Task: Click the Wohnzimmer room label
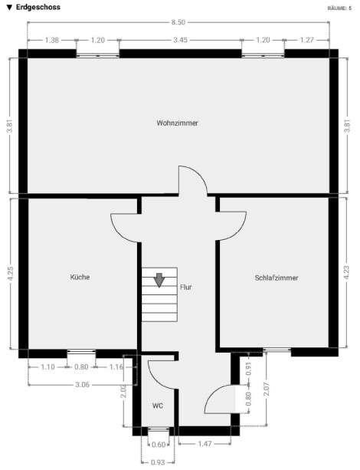coord(177,123)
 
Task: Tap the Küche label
coord(80,277)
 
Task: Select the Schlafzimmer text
coord(277,278)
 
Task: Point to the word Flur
coord(185,288)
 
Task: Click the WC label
coord(157,405)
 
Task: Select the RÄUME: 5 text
coord(339,7)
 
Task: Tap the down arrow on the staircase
coord(159,279)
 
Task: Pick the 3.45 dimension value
coord(181,39)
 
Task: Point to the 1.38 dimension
coord(52,39)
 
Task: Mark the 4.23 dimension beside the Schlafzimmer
coord(349,274)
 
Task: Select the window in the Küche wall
coord(80,353)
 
